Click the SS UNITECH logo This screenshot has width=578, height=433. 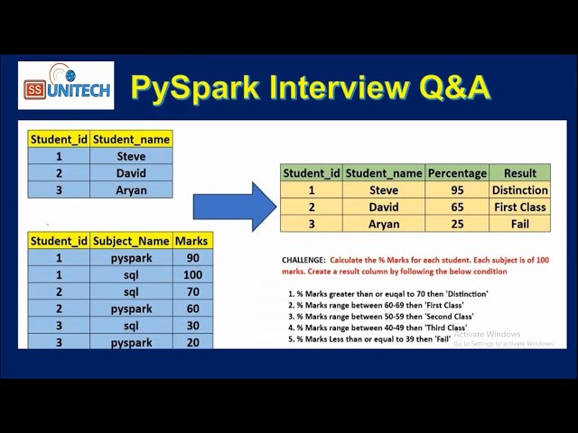(x=66, y=86)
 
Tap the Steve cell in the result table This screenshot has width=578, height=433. (x=384, y=190)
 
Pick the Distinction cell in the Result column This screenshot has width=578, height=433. (x=519, y=190)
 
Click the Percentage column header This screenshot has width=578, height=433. (x=457, y=173)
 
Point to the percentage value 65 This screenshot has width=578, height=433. (x=457, y=207)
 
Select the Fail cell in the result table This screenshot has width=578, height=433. (x=519, y=224)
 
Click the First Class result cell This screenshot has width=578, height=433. (x=519, y=207)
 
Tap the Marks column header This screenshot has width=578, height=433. (x=192, y=241)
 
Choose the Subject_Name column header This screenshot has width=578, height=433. (x=131, y=241)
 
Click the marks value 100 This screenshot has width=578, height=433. (x=192, y=274)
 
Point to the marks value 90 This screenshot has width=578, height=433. (x=192, y=258)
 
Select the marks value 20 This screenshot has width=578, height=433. (x=192, y=343)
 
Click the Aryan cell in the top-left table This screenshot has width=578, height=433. (x=131, y=190)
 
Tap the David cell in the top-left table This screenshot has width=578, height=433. (x=131, y=173)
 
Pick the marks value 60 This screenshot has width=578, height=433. (x=192, y=309)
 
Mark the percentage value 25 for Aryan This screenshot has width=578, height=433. (x=457, y=224)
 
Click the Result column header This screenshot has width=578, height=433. (x=519, y=173)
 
